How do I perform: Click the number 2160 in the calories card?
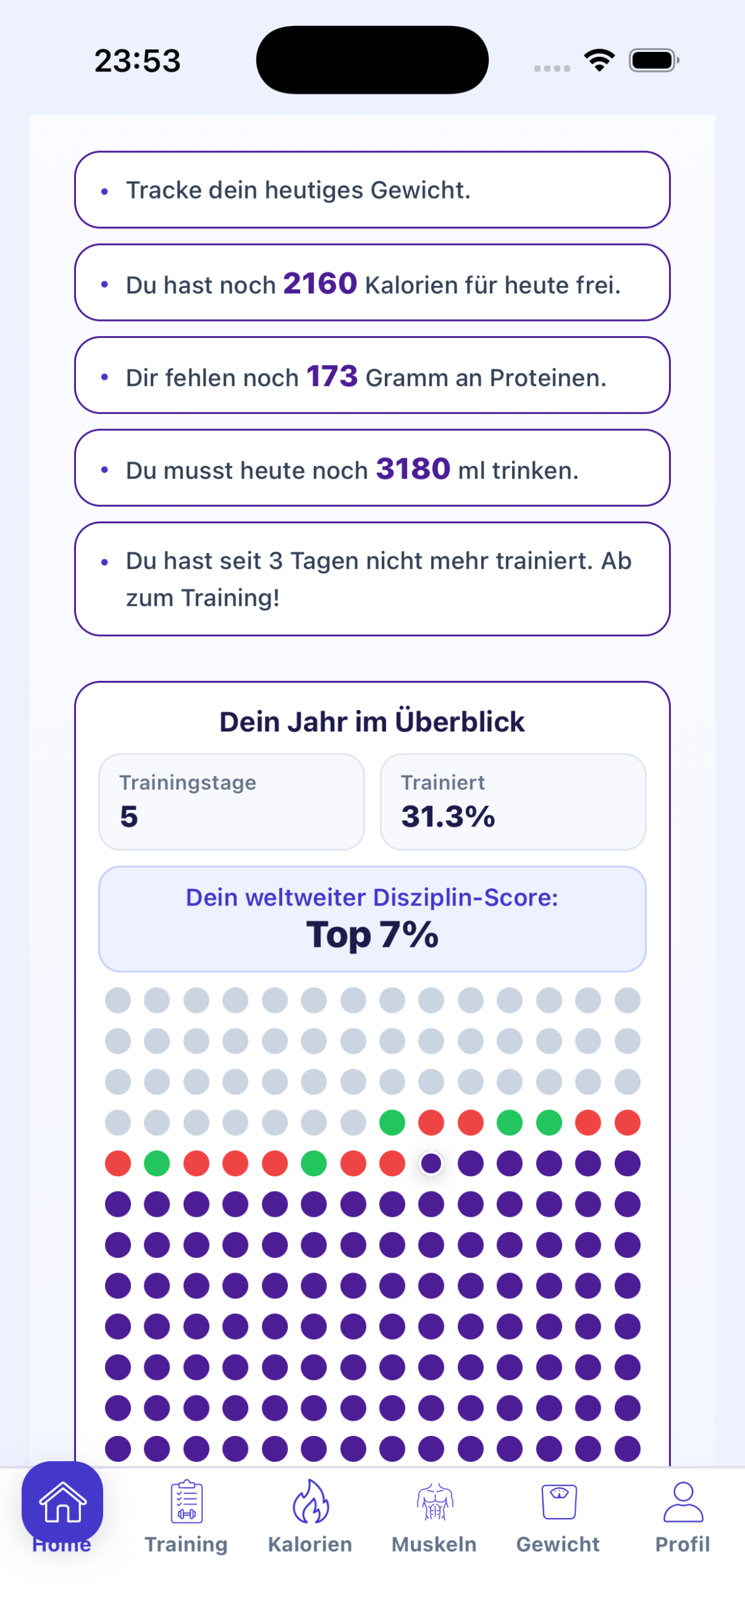click(x=320, y=283)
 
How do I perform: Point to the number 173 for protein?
click(x=332, y=376)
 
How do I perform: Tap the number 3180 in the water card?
click(x=413, y=469)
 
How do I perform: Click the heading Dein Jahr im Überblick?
click(x=372, y=721)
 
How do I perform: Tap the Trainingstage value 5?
click(x=129, y=816)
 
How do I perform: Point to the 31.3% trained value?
click(x=448, y=816)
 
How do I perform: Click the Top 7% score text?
click(x=372, y=935)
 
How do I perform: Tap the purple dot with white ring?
click(x=431, y=1163)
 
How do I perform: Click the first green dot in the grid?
click(x=392, y=1123)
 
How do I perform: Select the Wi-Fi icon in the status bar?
click(x=599, y=60)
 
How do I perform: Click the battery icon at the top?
click(x=653, y=60)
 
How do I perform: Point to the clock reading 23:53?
click(x=137, y=61)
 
